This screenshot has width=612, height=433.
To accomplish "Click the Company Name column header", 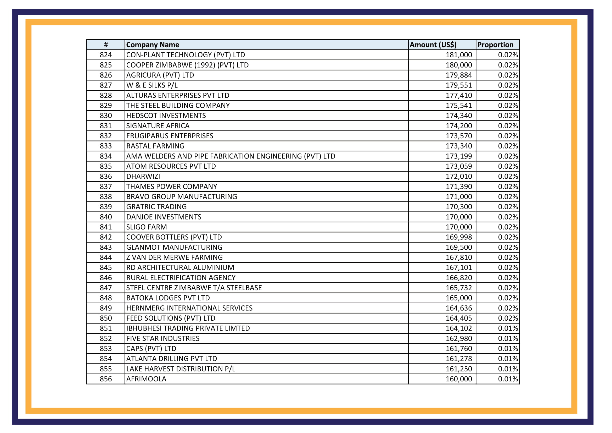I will tap(153, 45).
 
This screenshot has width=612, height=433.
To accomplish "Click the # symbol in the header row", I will tap(106, 45).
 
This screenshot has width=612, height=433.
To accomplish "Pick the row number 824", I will tap(106, 55).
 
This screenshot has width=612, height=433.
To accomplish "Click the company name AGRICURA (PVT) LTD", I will tap(160, 75).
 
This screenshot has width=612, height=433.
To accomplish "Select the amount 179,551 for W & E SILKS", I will tap(459, 85).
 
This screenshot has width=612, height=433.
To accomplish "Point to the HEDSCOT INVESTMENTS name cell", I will tap(166, 116).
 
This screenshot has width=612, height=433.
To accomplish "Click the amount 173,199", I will tap(459, 156).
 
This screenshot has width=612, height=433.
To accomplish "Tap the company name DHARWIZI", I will tap(143, 177).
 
